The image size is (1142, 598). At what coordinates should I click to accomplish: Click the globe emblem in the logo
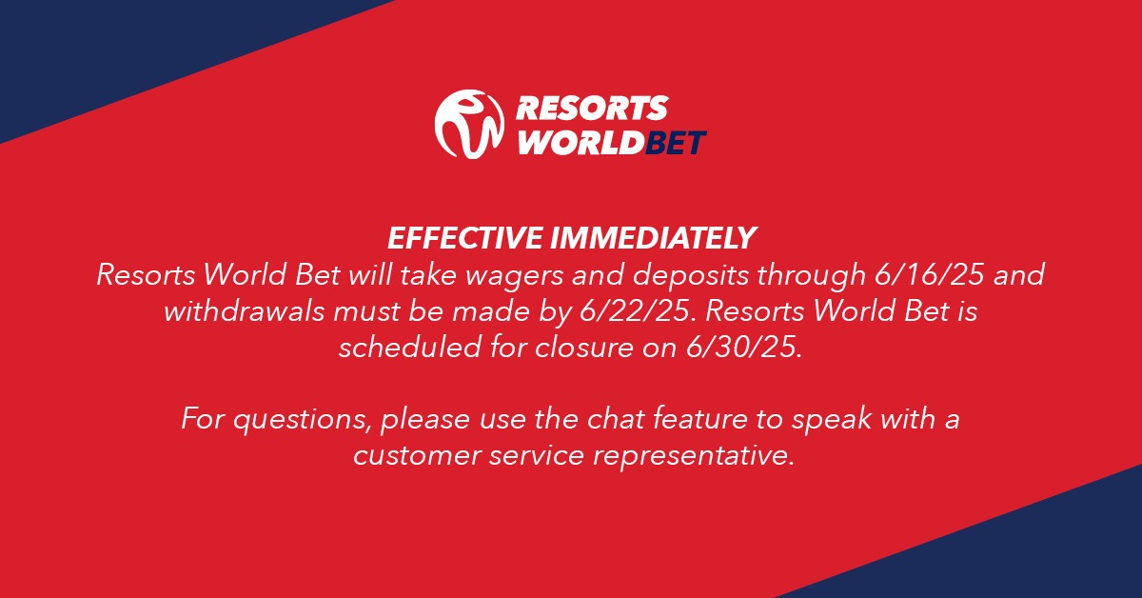click(469, 124)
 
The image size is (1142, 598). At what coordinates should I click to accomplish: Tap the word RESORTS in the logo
click(592, 109)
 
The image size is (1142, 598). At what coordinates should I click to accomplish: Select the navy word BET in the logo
click(676, 142)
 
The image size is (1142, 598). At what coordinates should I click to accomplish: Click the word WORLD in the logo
click(581, 142)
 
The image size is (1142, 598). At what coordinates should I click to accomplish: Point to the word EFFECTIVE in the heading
click(464, 238)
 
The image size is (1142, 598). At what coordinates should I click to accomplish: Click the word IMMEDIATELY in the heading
click(653, 238)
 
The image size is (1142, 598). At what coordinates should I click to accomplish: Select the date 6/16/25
click(929, 274)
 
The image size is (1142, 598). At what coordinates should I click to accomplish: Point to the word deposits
click(691, 276)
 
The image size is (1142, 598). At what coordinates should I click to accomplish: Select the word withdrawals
click(245, 311)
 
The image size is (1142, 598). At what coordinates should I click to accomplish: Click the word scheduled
click(410, 348)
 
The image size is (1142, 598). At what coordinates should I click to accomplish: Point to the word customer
click(417, 456)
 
